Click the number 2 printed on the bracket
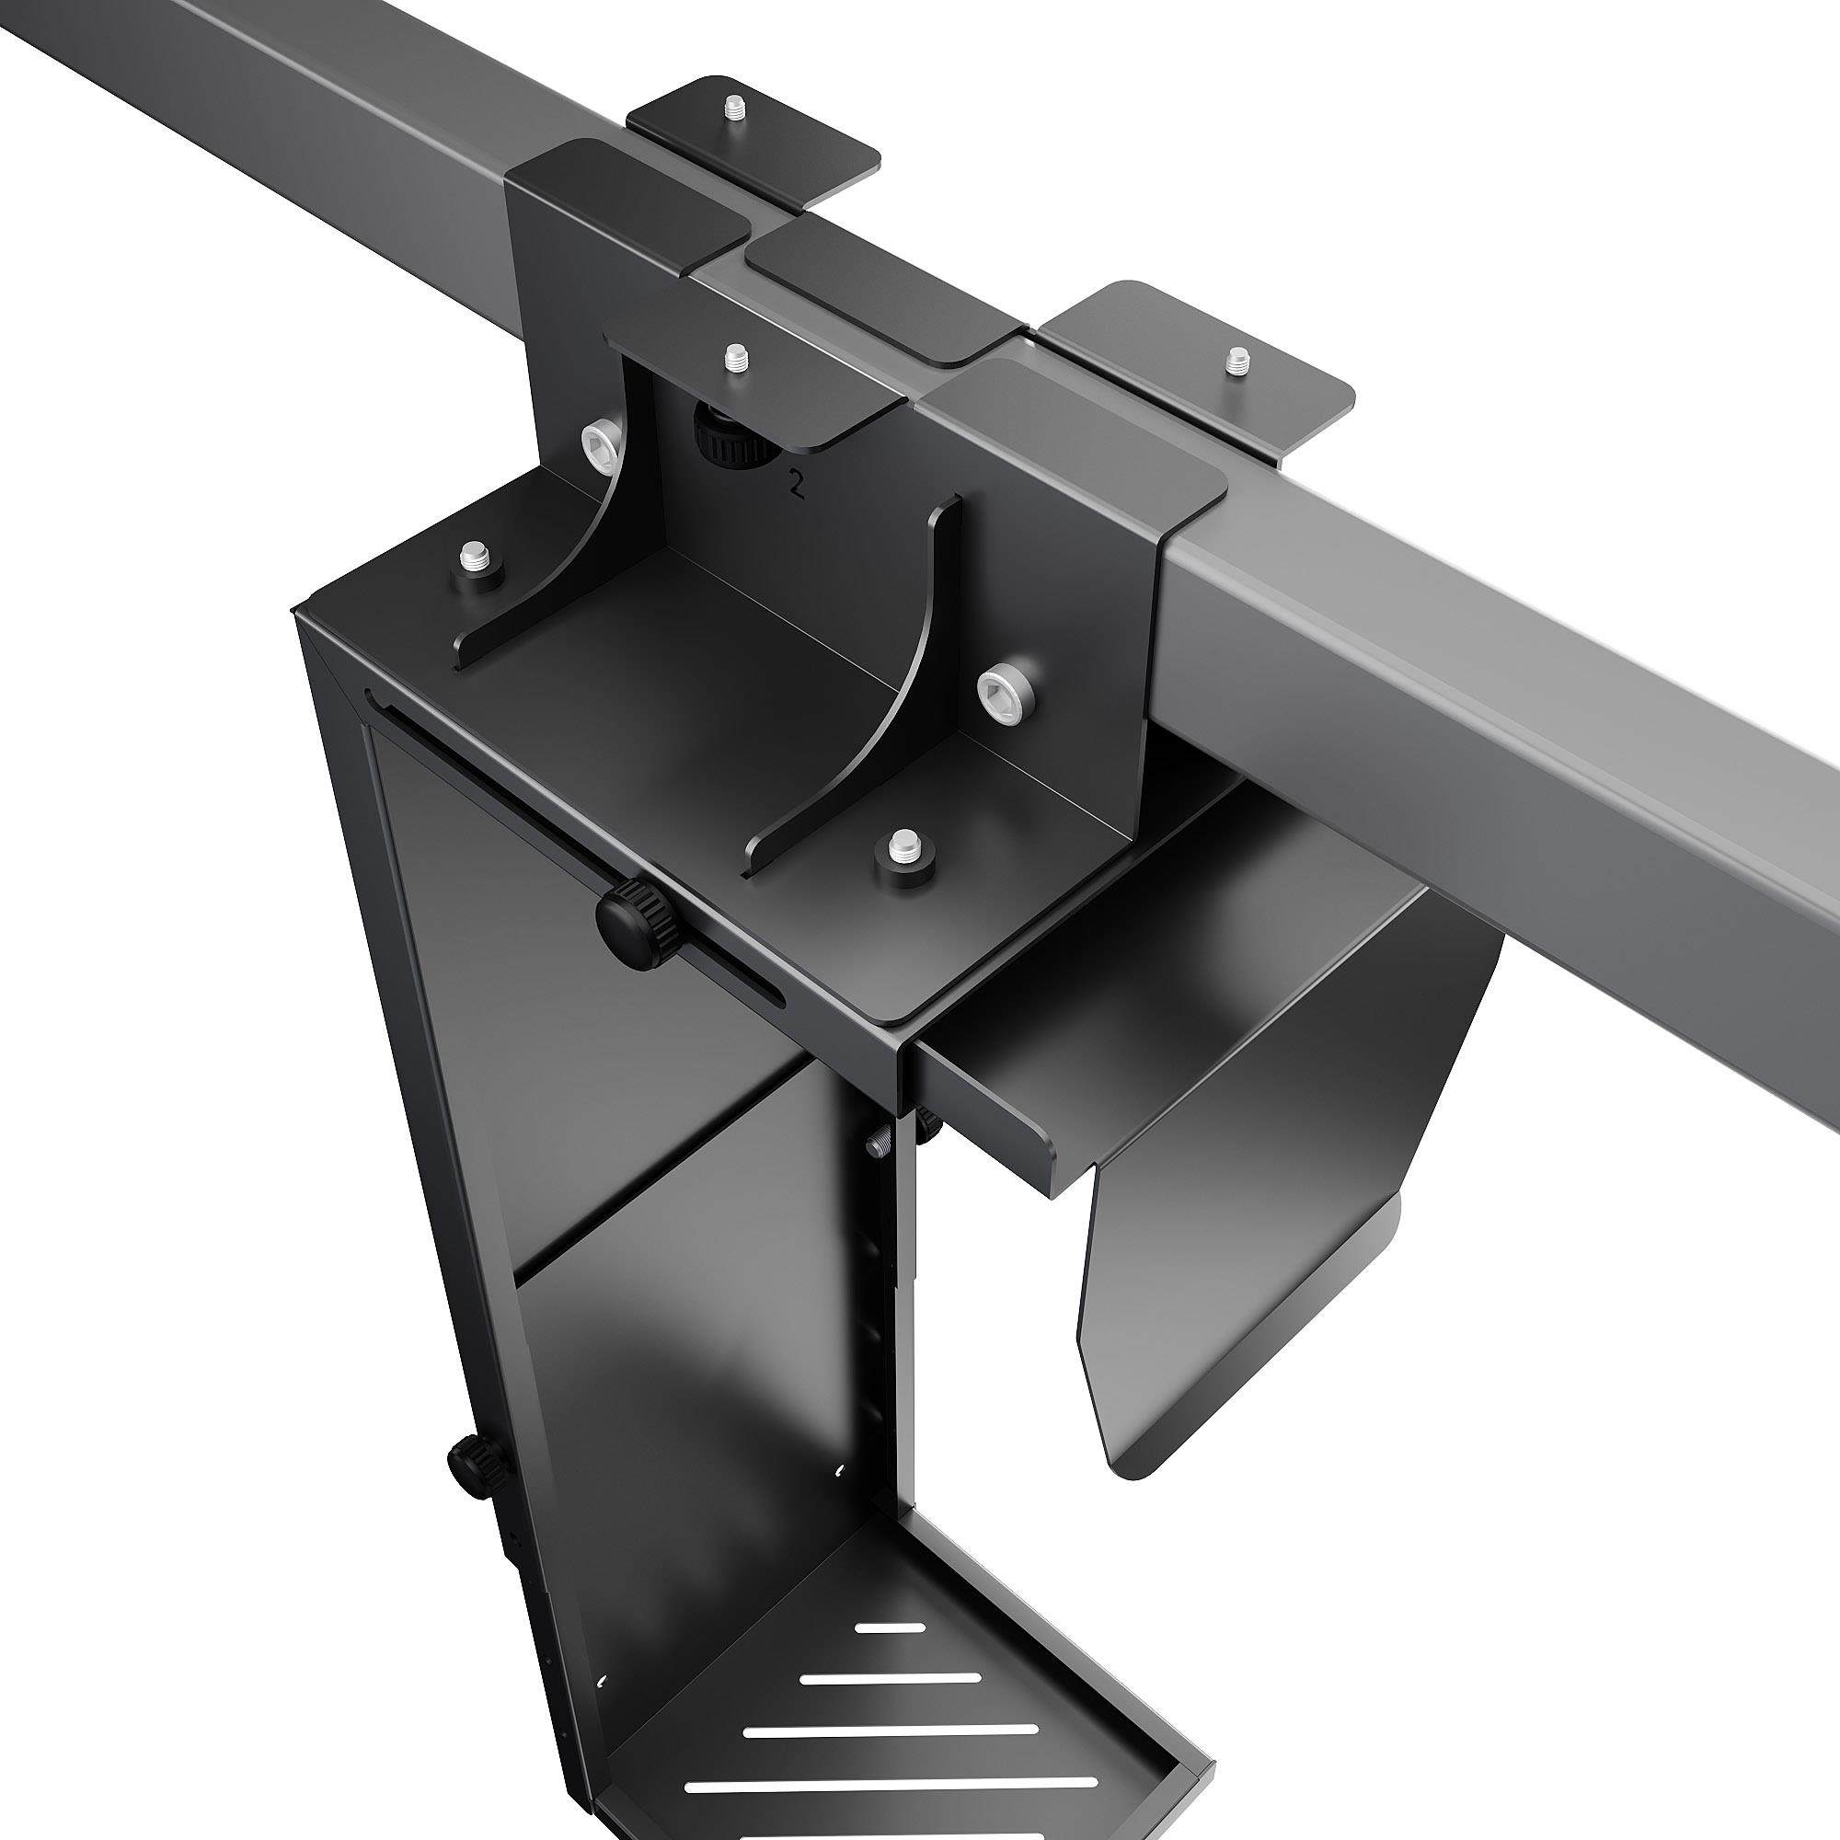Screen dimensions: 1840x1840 click(791, 488)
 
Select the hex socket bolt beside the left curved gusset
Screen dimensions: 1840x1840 click(600, 443)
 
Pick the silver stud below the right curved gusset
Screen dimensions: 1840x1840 click(899, 845)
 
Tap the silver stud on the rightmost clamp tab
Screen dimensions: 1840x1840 click(1236, 361)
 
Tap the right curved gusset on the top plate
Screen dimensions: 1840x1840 click(857, 724)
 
